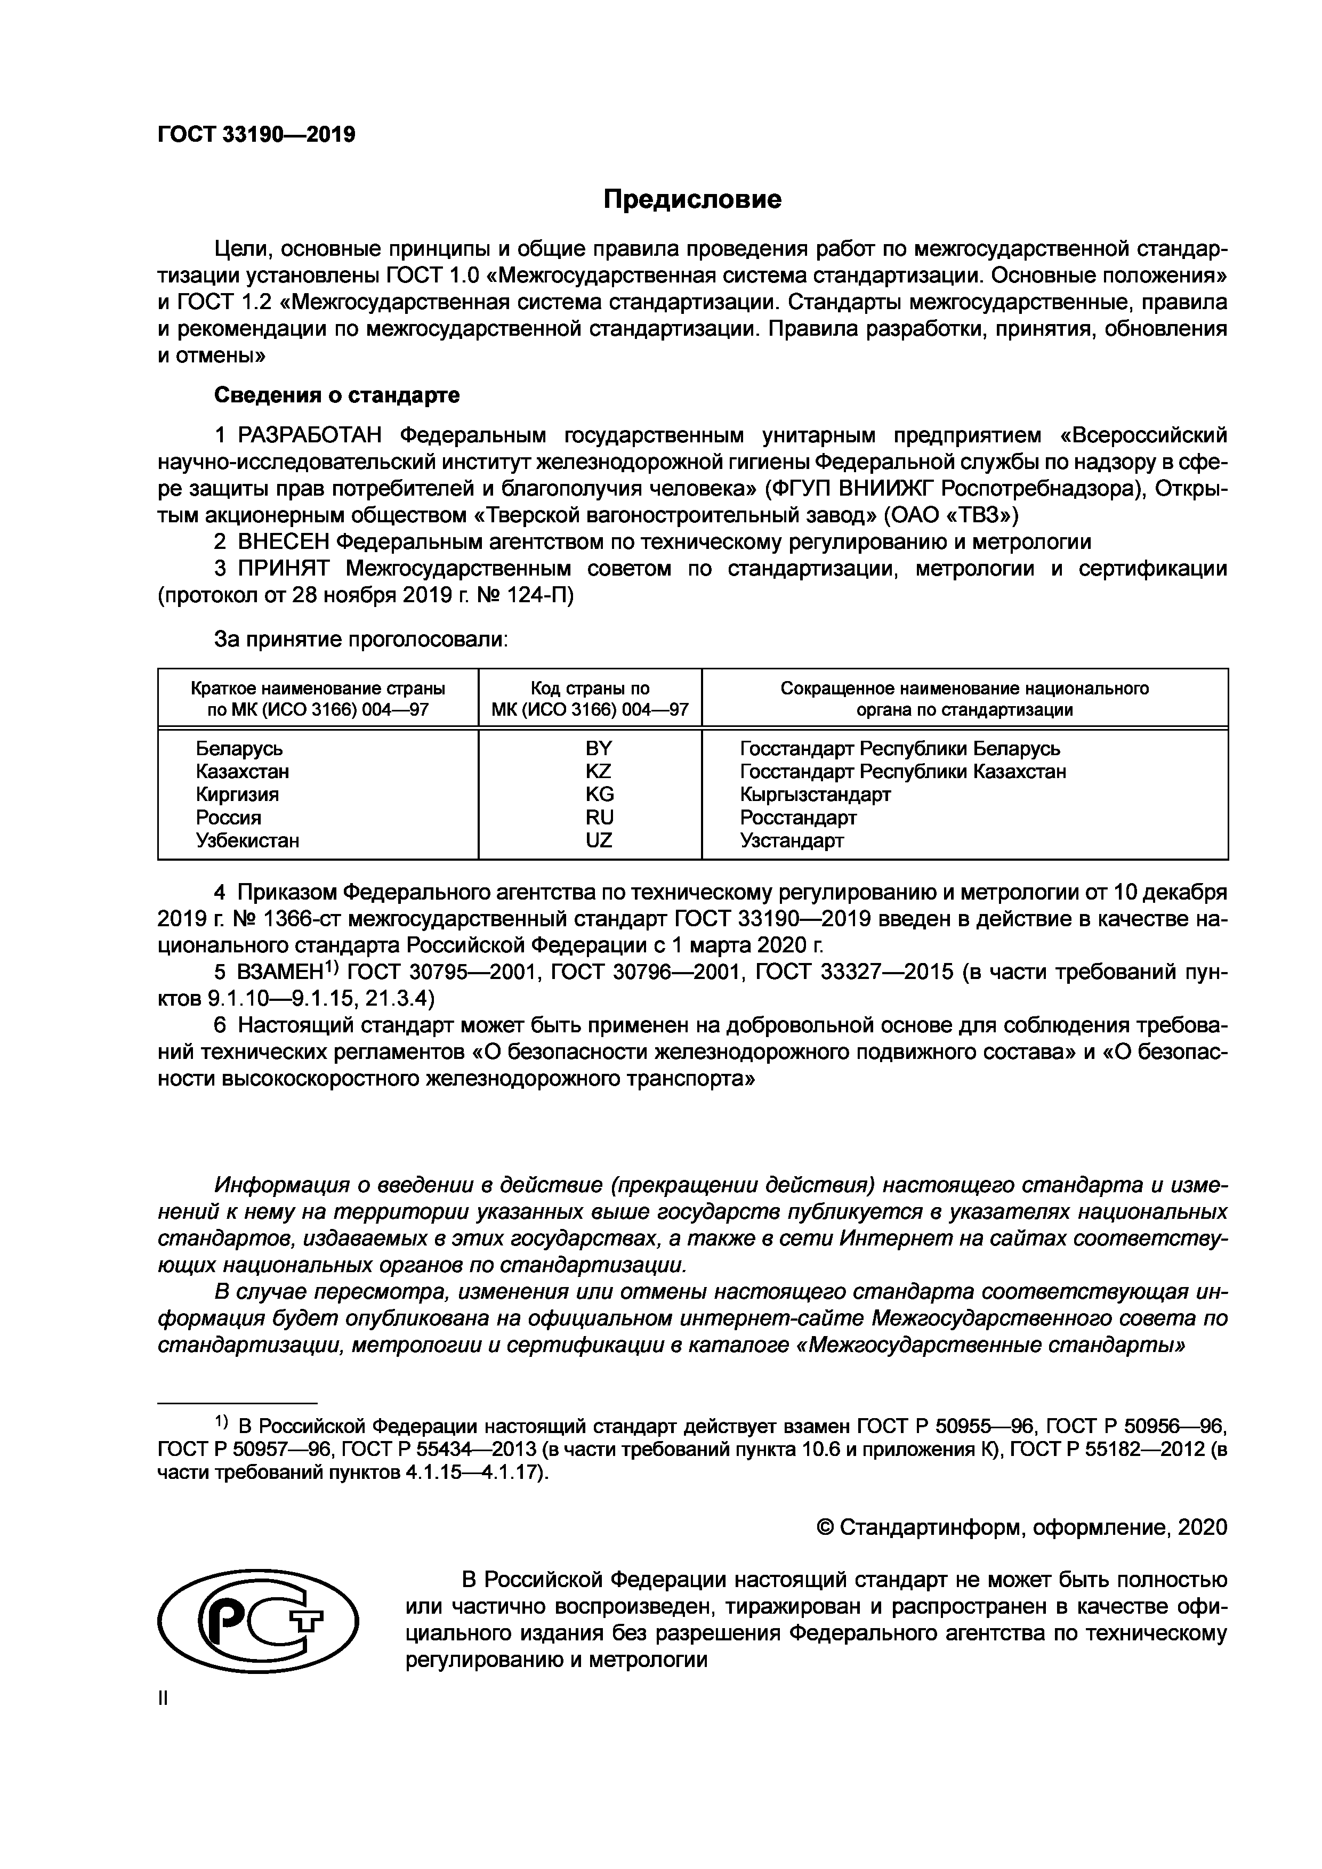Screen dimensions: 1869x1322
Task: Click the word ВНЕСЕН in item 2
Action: [x=283, y=541]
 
